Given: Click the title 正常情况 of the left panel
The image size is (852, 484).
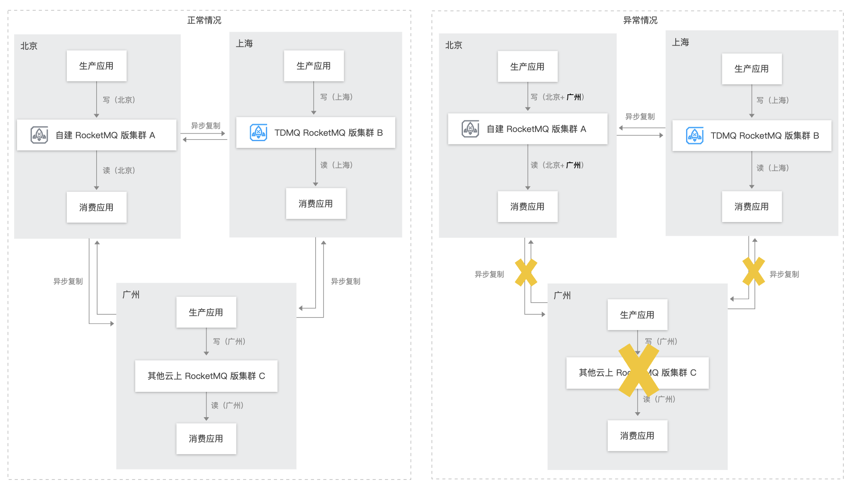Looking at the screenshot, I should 204,20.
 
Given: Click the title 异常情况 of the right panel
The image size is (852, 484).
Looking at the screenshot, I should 640,20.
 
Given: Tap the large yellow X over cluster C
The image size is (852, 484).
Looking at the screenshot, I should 638,370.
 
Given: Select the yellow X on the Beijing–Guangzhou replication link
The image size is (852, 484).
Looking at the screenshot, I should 526,272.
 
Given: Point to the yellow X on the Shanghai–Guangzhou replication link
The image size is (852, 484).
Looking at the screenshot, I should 754,271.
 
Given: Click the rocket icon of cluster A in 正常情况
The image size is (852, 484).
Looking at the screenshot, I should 39,135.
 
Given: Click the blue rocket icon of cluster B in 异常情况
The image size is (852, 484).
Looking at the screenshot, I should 694,136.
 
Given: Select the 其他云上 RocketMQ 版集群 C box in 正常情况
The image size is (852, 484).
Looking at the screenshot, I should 206,376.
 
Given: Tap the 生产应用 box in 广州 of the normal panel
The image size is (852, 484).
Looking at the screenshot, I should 206,312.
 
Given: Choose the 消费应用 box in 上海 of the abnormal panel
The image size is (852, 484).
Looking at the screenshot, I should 752,207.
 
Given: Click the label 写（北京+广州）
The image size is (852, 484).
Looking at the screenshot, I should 557,97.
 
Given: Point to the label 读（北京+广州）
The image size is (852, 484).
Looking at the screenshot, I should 557,165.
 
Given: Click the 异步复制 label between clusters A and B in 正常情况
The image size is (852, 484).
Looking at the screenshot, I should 205,126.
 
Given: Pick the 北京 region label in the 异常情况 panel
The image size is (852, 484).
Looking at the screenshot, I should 453,45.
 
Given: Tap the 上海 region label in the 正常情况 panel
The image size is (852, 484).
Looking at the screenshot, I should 244,44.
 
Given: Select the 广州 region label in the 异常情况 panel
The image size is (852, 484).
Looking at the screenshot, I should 562,296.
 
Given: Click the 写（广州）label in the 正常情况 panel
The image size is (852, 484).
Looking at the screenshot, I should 229,342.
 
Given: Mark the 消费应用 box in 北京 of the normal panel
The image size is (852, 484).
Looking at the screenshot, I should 97,207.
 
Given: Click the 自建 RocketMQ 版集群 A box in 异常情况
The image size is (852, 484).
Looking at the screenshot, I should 528,129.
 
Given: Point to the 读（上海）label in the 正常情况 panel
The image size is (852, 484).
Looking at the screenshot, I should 336,165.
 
